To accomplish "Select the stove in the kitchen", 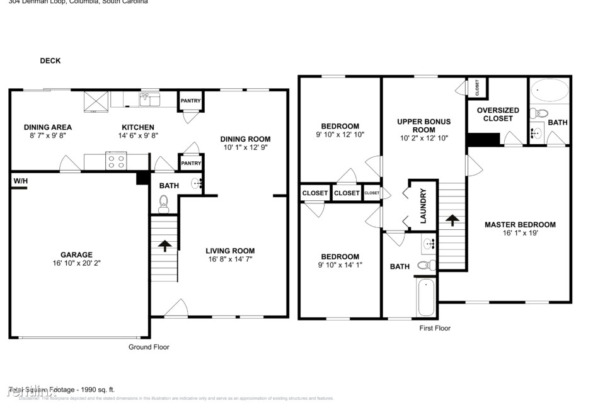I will pyautogui.click(x=117, y=161).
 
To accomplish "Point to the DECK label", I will pyautogui.click(x=50, y=61).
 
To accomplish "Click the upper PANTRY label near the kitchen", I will pyautogui.click(x=190, y=101).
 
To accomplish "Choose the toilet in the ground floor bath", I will pyautogui.click(x=164, y=202).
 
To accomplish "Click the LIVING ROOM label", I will pyautogui.click(x=231, y=251).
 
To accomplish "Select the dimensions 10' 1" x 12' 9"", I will pyautogui.click(x=245, y=148).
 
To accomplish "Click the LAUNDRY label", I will pyautogui.click(x=423, y=205).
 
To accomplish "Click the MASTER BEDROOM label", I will pyautogui.click(x=520, y=225).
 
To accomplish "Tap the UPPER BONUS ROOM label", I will pyautogui.click(x=423, y=125).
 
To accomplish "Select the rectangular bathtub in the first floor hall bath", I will pyautogui.click(x=425, y=297).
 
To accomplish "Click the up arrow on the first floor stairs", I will pyautogui.click(x=451, y=220).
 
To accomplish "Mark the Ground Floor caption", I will pyautogui.click(x=149, y=347).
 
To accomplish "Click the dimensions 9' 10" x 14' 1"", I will pyautogui.click(x=340, y=265).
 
